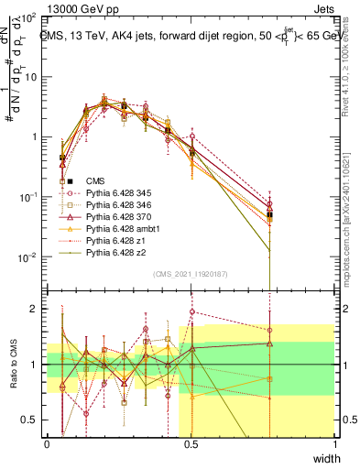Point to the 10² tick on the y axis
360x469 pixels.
29,17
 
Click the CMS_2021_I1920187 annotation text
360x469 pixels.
191,274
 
